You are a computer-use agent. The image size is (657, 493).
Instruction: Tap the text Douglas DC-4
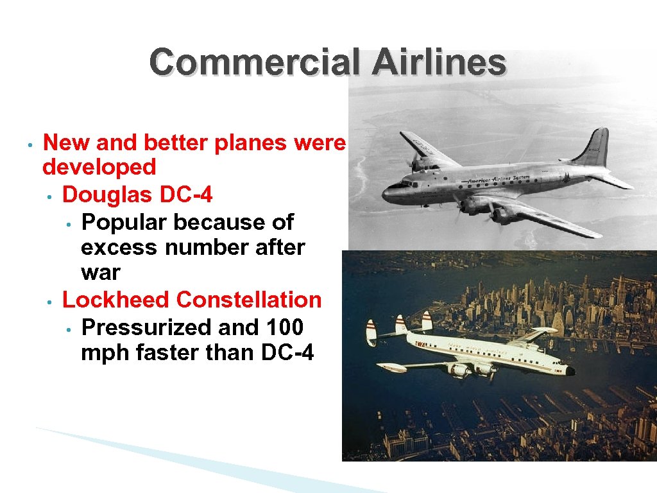[x=137, y=194]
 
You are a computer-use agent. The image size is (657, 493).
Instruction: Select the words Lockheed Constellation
[x=192, y=300]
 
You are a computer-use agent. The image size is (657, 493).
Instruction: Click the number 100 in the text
[x=285, y=327]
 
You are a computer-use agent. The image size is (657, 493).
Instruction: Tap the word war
[x=100, y=272]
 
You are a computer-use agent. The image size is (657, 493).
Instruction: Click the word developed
[x=99, y=167]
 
